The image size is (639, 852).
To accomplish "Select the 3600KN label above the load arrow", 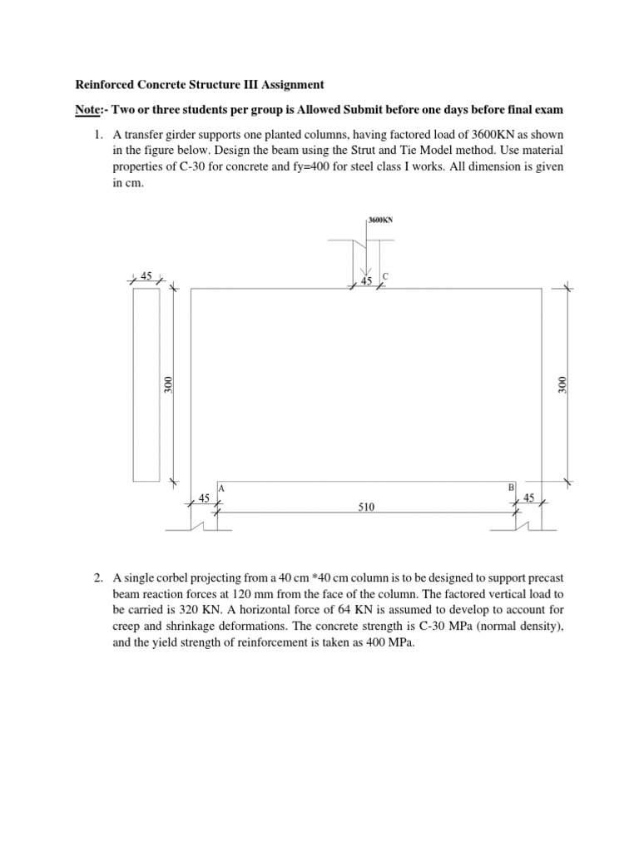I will [380, 220].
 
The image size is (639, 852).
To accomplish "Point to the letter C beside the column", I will [385, 275].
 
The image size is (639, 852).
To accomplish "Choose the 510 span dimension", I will [366, 516].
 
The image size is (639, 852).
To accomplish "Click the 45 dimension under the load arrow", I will [366, 282].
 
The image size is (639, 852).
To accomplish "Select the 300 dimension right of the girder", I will [562, 384].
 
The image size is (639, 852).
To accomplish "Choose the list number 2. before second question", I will [97, 577].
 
